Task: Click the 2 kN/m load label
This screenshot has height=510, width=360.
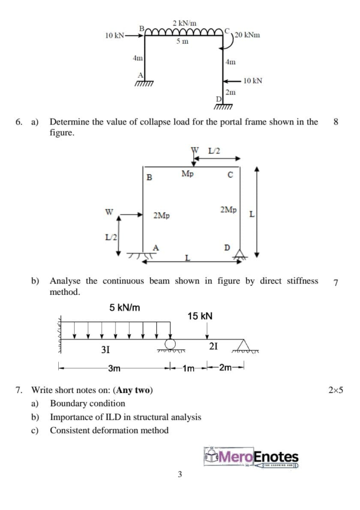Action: pos(184,23)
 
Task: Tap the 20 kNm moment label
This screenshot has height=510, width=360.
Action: pos(247,35)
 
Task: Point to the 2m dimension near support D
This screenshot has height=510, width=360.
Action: pos(231,92)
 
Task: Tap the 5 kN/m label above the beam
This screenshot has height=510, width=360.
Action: pos(124,307)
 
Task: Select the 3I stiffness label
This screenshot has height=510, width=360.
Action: pos(106,350)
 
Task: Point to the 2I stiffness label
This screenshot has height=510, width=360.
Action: pos(213,346)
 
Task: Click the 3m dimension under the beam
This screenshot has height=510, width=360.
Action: pos(115,369)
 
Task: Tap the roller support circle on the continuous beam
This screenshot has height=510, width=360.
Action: pos(170,343)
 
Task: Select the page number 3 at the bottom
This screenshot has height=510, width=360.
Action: pos(180,475)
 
